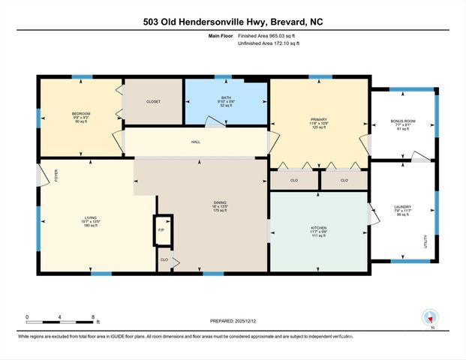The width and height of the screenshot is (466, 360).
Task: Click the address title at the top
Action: click(233, 21)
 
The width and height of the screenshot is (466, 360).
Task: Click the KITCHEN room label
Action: click(319, 228)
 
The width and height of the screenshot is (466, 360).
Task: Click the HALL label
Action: click(195, 142)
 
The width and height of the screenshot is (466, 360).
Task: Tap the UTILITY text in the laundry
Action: click(425, 241)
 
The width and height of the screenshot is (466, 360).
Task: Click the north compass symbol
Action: click(430, 317)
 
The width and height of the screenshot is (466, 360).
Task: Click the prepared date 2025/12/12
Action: click(232, 321)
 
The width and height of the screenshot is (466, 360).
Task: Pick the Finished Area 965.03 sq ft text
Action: click(268, 35)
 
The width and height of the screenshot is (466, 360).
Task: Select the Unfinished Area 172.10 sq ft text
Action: click(268, 44)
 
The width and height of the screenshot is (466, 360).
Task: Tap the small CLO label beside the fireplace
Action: click(164, 259)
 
